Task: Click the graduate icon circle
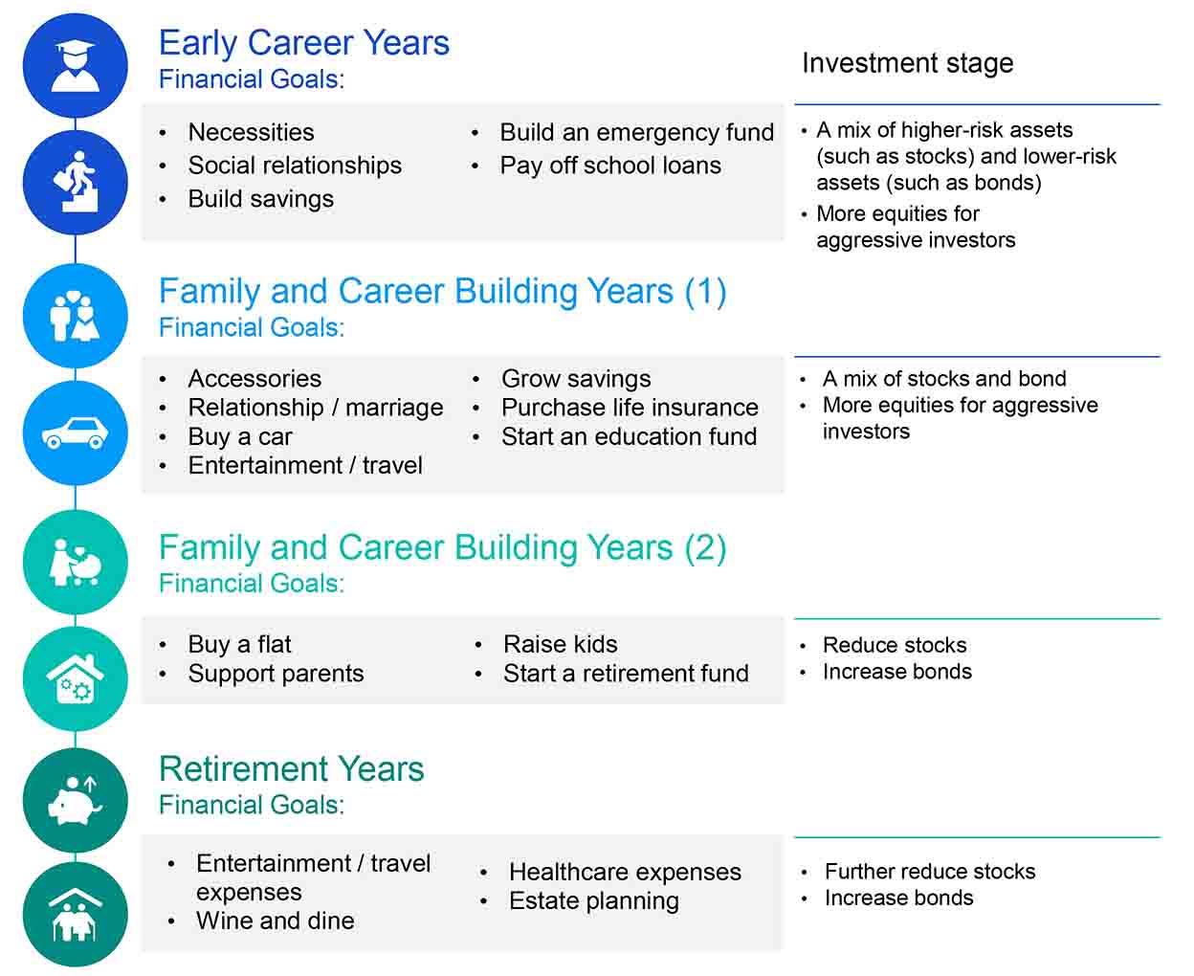[76, 65]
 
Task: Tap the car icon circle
[76, 433]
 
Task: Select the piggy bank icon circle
[76, 799]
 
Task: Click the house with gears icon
[76, 678]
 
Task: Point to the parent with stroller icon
[76, 562]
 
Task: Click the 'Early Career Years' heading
[303, 43]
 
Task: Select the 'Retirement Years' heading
[291, 768]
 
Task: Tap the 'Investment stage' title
[908, 63]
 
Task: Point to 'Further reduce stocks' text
[930, 872]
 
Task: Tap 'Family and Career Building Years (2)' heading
[442, 547]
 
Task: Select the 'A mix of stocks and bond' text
[944, 378]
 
